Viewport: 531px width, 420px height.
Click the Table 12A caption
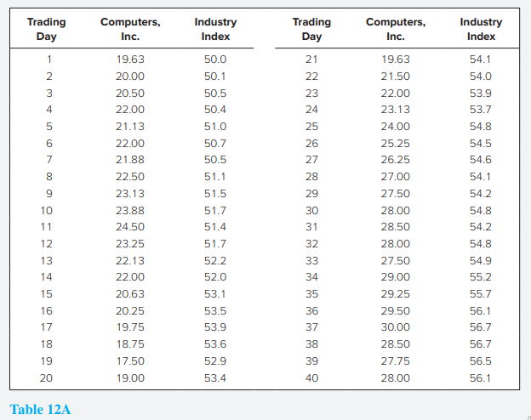pyautogui.click(x=41, y=410)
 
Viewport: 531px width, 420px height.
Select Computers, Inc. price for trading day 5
pyautogui.click(x=129, y=126)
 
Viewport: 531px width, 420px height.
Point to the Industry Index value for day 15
pyautogui.click(x=215, y=293)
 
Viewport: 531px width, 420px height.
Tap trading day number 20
pyautogui.click(x=47, y=377)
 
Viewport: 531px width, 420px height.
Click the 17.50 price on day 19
pyautogui.click(x=129, y=360)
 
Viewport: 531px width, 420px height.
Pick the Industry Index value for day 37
pyautogui.click(x=481, y=327)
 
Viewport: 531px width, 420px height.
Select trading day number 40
pyautogui.click(x=311, y=377)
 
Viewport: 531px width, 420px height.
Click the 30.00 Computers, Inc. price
pyautogui.click(x=395, y=327)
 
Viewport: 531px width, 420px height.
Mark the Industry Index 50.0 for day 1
pyautogui.click(x=215, y=60)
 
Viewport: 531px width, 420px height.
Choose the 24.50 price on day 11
pyautogui.click(x=129, y=226)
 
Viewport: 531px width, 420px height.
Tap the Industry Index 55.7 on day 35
pyautogui.click(x=481, y=293)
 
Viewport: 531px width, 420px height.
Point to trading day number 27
pyautogui.click(x=311, y=159)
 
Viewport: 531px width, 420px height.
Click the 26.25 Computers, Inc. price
pyautogui.click(x=395, y=159)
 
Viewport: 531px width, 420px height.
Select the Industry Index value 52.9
pyautogui.click(x=215, y=360)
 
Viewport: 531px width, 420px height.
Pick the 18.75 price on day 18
pyautogui.click(x=129, y=343)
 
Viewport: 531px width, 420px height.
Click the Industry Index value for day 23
pyautogui.click(x=481, y=93)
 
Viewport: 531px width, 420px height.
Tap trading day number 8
pyautogui.click(x=49, y=176)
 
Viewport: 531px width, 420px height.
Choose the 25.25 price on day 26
pyautogui.click(x=395, y=143)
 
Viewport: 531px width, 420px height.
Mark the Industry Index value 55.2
pyautogui.click(x=481, y=276)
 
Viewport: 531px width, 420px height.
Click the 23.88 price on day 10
pyautogui.click(x=129, y=210)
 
